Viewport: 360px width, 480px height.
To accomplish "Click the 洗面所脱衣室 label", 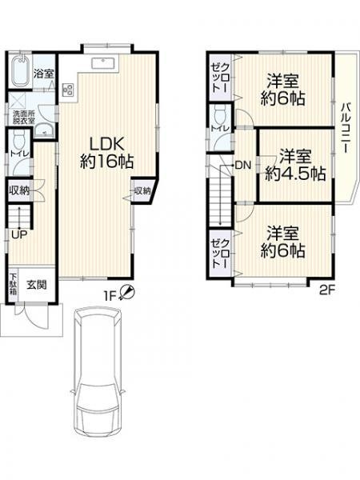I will pyautogui.click(x=22, y=118).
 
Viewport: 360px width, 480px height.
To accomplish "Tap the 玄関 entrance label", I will pyautogui.click(x=37, y=284).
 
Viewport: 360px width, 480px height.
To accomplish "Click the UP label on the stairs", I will pyautogui.click(x=16, y=234).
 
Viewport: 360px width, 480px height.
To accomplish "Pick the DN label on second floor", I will pyautogui.click(x=242, y=166).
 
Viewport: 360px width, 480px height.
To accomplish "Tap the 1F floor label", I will pyautogui.click(x=110, y=297).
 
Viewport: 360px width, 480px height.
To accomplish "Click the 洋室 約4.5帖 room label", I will pyautogui.click(x=295, y=164).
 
